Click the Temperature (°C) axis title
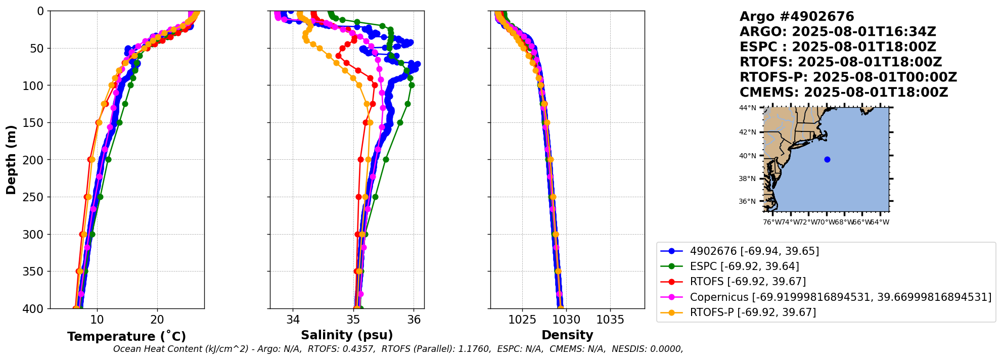(126, 336)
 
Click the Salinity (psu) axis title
(347, 335)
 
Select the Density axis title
(567, 335)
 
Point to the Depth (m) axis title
(11, 160)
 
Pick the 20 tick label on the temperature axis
(157, 320)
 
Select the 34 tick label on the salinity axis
(293, 320)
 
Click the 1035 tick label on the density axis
(610, 320)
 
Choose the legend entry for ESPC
(744, 266)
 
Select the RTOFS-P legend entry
(753, 312)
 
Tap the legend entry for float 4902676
(754, 251)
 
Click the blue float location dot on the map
(827, 159)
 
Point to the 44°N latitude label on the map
(748, 108)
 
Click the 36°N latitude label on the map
(748, 201)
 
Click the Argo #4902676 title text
(797, 17)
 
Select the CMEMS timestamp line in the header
(843, 93)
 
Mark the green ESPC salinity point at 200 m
(386, 159)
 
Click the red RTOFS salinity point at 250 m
(358, 197)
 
